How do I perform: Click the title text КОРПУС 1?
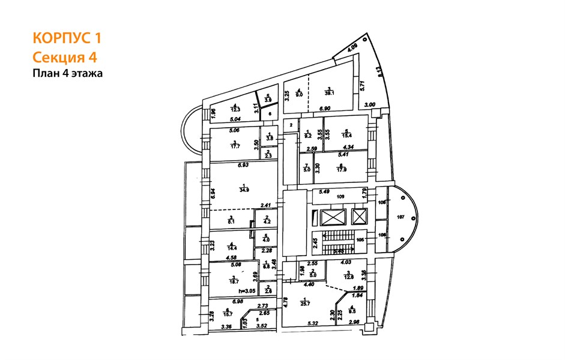[x=67, y=38]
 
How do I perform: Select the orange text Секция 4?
[x=64, y=57]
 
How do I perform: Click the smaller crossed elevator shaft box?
[x=359, y=216]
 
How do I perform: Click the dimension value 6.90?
[x=325, y=109]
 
